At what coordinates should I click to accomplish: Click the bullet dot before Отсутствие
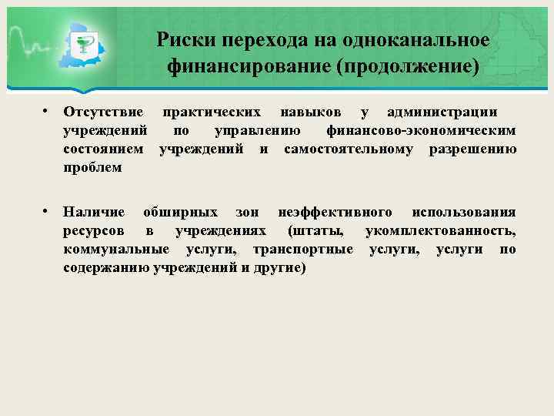click(x=47, y=112)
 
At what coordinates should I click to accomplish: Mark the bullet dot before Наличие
click(x=47, y=211)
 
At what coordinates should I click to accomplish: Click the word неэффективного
click(x=335, y=212)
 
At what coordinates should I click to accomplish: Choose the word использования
click(x=464, y=212)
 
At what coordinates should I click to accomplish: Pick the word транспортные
click(x=303, y=249)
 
